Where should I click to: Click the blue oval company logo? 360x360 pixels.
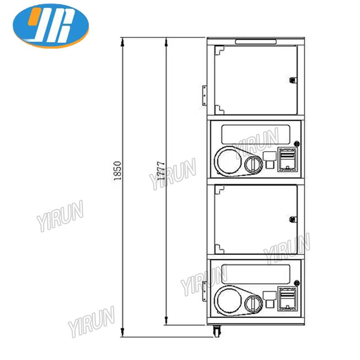[51, 26]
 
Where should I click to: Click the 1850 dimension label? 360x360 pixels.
[117, 171]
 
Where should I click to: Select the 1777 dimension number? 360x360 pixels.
[161, 171]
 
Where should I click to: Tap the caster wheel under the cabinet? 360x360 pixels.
[217, 331]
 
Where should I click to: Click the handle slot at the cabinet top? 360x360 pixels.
[256, 41]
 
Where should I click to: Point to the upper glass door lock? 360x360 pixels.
[292, 80]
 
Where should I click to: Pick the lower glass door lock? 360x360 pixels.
[292, 219]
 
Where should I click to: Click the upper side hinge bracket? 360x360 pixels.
[204, 95]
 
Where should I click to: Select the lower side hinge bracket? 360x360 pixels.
[204, 291]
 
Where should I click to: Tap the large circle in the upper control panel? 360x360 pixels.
[229, 161]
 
